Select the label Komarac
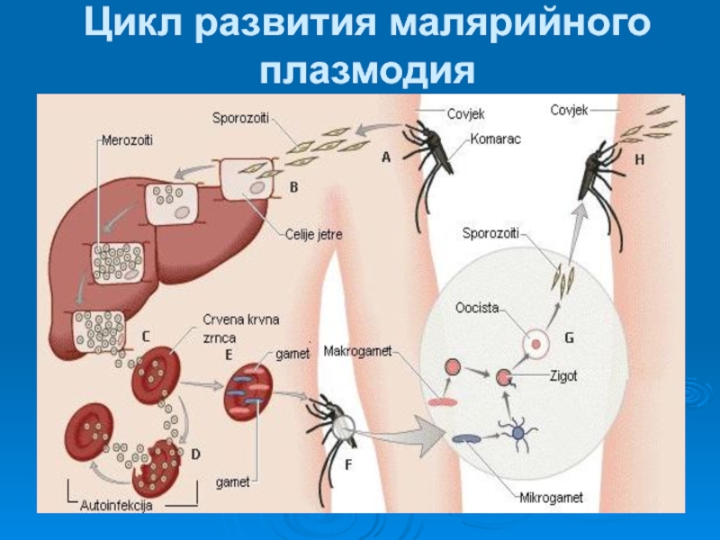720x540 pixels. click(x=495, y=139)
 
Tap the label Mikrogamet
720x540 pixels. click(x=551, y=496)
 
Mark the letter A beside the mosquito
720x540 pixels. click(x=386, y=157)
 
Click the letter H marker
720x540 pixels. click(x=641, y=158)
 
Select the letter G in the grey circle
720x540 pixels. click(x=569, y=339)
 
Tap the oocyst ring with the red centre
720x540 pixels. click(x=537, y=342)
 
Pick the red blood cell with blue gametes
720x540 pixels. click(x=251, y=388)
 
